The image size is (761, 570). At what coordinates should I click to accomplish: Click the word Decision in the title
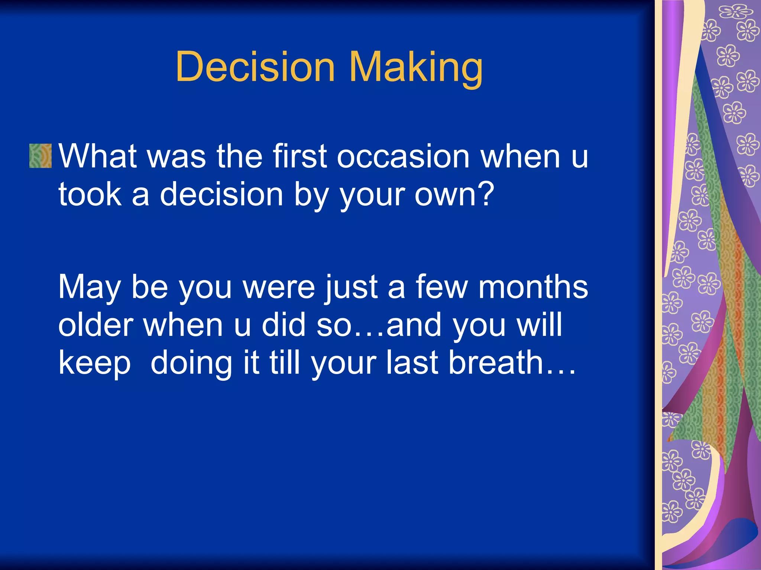[255, 67]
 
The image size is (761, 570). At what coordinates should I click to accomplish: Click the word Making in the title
[416, 67]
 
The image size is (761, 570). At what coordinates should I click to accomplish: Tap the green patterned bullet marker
[40, 156]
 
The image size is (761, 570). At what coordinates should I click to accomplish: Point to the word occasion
[403, 157]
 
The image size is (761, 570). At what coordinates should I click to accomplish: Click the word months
[533, 287]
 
